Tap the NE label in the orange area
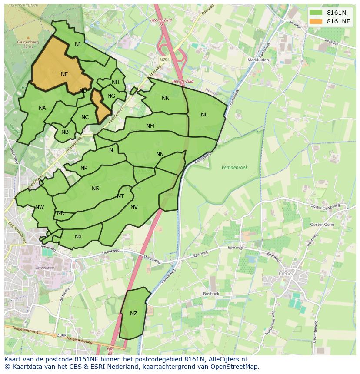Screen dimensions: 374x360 (x=64, y=74)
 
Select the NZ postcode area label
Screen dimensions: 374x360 (x=133, y=314)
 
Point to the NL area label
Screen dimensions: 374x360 (x=204, y=115)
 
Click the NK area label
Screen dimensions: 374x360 (x=165, y=98)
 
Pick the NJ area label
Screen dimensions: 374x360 (x=78, y=44)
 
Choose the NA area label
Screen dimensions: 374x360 (x=42, y=108)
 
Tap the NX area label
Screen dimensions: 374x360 (x=78, y=237)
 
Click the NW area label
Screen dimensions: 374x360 (x=40, y=207)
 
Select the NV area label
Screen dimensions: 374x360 (x=134, y=207)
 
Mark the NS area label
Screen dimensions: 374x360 (x=95, y=189)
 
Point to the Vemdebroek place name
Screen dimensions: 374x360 (x=234, y=167)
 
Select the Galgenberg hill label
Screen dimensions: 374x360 (x=28, y=42)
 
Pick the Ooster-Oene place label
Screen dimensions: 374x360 (x=322, y=224)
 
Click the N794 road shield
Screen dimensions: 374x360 (x=164, y=60)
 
